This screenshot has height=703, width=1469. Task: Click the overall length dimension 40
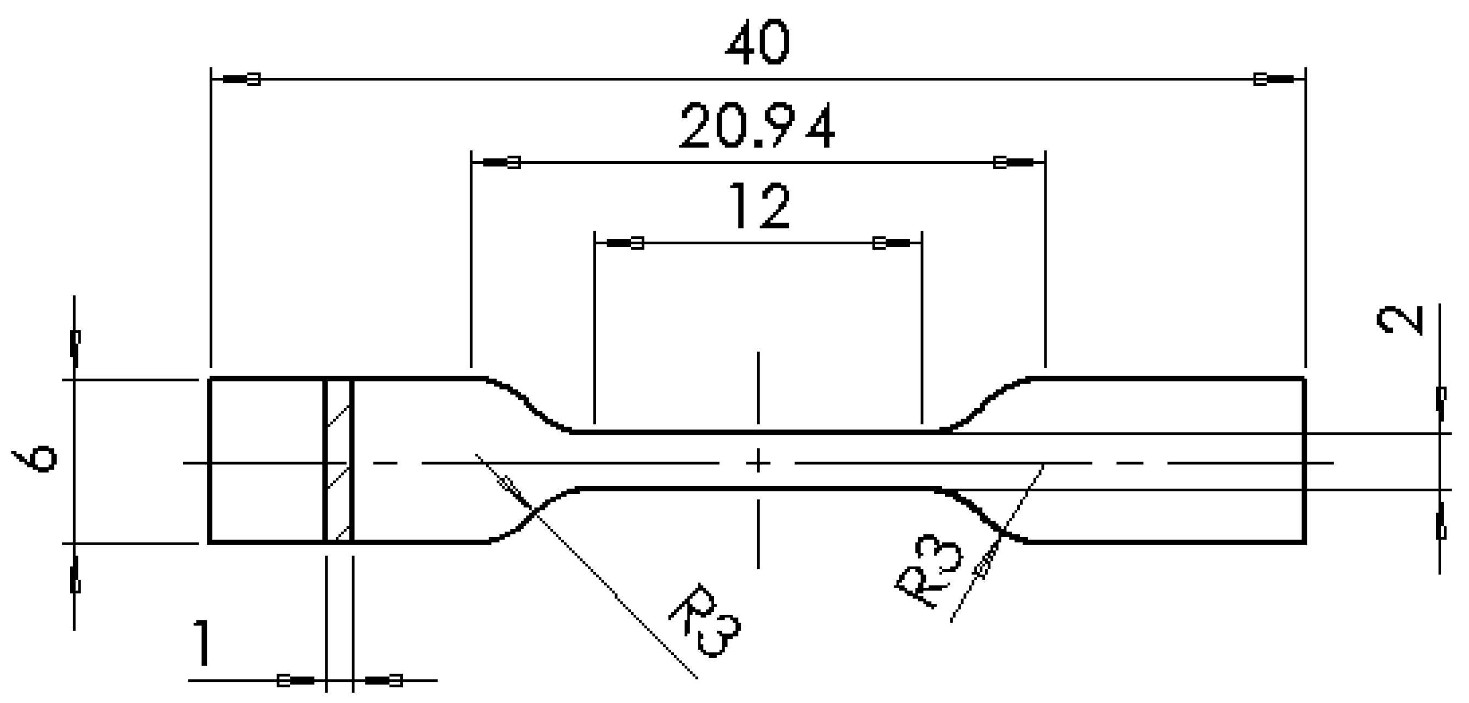757,43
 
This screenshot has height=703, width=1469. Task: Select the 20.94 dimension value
756,127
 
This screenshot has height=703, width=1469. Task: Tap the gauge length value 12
759,206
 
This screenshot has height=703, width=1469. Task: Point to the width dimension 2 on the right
1400,321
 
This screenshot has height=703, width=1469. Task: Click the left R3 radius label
706,621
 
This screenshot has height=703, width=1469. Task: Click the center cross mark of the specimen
758,462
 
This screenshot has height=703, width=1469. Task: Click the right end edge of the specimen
1305,461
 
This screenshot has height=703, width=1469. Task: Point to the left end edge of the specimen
210,461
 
